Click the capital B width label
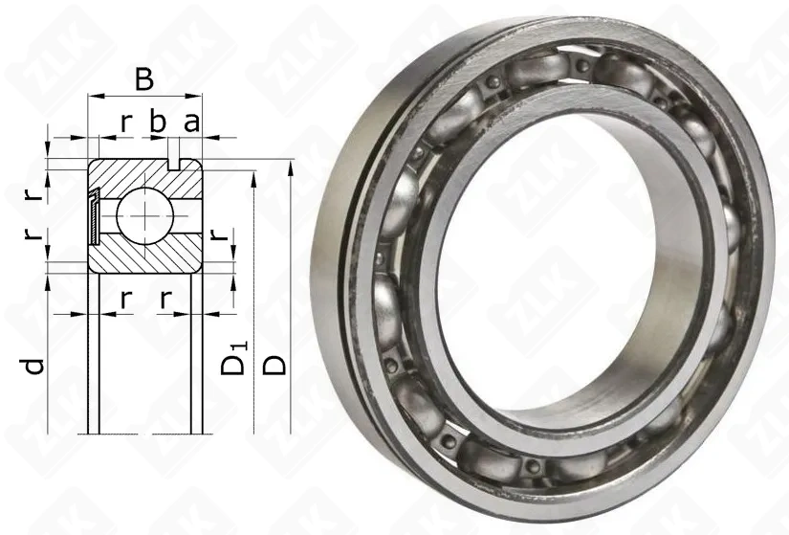(x=143, y=79)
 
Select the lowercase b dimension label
(x=158, y=123)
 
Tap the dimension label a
(x=191, y=123)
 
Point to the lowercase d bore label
(x=34, y=367)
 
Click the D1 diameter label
(x=234, y=359)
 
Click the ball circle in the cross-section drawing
(x=145, y=215)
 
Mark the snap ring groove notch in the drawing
(x=174, y=165)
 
